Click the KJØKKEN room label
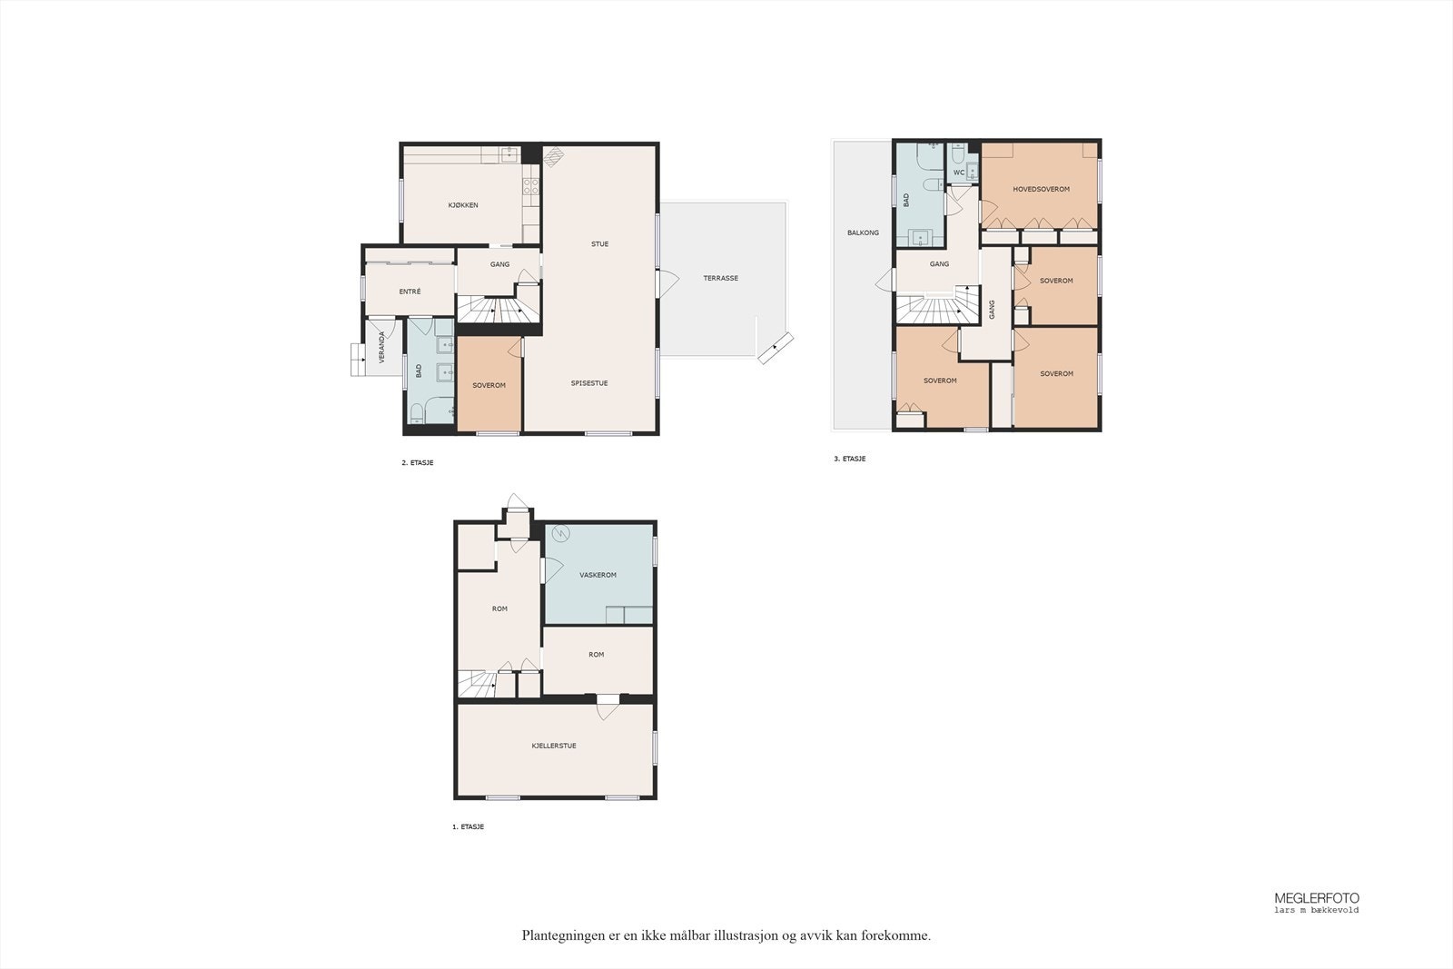463,205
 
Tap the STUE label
599,244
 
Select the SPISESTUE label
589,382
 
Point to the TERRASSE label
721,278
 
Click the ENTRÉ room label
410,292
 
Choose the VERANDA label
381,347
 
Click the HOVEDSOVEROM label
1041,189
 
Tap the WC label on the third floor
959,173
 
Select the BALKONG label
863,232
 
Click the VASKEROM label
598,575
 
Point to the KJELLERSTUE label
554,746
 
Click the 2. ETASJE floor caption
417,462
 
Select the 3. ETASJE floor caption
850,459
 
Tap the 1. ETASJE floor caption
468,826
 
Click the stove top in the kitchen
530,186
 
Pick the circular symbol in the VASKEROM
560,534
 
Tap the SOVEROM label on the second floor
489,385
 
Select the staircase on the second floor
499,309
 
